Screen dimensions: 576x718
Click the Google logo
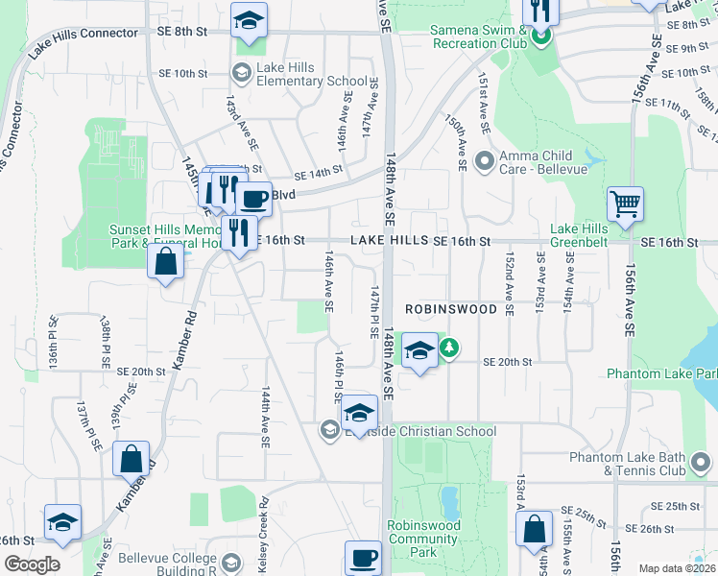point(31,564)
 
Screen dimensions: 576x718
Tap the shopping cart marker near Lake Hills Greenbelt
point(625,204)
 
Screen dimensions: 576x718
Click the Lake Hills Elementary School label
point(309,82)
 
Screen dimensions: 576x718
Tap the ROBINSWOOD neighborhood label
point(451,310)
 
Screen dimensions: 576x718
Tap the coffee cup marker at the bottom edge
point(364,559)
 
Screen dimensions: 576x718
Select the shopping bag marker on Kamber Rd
point(132,460)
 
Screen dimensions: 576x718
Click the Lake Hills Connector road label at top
point(84,34)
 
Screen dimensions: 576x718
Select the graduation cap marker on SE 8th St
point(249,20)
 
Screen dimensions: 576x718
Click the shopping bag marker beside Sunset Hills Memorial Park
point(165,261)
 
